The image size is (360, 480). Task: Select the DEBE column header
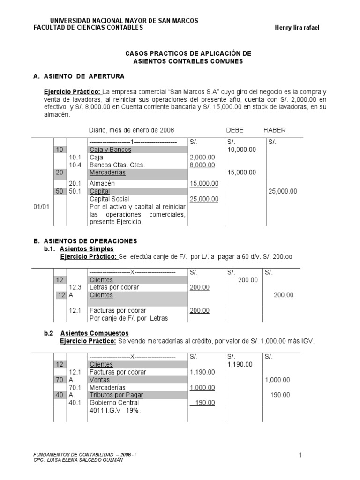tap(235, 130)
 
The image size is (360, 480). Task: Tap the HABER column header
tap(274, 130)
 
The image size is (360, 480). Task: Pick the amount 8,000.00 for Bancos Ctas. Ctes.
tap(202, 165)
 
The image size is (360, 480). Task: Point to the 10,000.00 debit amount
tap(242, 150)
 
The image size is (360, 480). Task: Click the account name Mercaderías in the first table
tap(108, 172)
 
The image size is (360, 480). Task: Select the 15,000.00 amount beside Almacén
tap(204, 184)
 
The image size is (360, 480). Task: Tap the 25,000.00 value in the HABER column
tap(283, 191)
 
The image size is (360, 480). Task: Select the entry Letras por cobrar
tap(114, 287)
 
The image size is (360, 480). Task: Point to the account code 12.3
tap(75, 287)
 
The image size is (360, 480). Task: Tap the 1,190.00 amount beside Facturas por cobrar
tap(202, 372)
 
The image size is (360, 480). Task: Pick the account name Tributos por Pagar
tap(116, 395)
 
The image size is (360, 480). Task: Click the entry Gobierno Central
tap(114, 403)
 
